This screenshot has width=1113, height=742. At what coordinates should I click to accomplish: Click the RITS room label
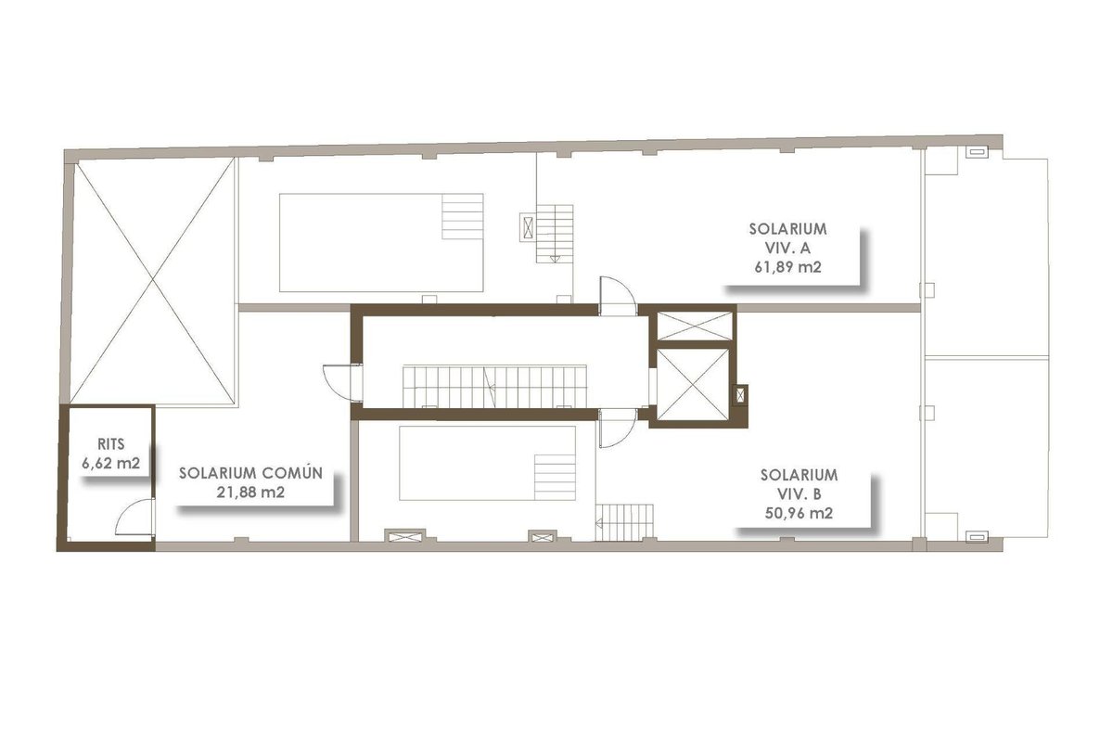tap(110, 443)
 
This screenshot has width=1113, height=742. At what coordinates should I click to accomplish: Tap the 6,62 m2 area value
tap(110, 463)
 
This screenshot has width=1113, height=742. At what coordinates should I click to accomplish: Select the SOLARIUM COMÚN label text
tap(251, 473)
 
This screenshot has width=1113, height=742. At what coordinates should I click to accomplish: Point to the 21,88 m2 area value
tap(250, 492)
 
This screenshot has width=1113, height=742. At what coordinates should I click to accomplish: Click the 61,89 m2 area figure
tap(788, 267)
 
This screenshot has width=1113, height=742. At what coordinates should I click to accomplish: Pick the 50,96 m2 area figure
tap(799, 513)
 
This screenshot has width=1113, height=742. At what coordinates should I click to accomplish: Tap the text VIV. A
tap(787, 248)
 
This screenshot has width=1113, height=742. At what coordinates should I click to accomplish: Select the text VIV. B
tap(799, 494)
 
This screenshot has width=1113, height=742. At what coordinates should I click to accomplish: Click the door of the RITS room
tap(134, 518)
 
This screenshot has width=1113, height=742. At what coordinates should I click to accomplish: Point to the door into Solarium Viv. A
tap(618, 296)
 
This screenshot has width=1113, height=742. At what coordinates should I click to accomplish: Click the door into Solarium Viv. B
tap(617, 428)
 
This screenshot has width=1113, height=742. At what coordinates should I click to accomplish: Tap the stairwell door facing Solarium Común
tap(342, 383)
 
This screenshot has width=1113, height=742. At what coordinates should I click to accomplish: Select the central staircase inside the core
tap(494, 386)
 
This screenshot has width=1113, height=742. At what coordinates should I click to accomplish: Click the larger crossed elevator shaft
tap(693, 384)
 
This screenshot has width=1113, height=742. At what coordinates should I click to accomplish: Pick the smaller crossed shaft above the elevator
tap(695, 326)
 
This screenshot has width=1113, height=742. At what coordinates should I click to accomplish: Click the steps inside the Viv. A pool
tap(463, 216)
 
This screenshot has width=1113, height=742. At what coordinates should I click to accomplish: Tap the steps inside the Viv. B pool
tap(555, 477)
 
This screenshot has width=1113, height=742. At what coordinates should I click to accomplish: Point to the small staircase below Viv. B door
tap(624, 523)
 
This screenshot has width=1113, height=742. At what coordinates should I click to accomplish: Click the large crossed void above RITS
tap(152, 280)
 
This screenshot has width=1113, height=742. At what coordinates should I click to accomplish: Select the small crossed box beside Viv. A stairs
tap(528, 227)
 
